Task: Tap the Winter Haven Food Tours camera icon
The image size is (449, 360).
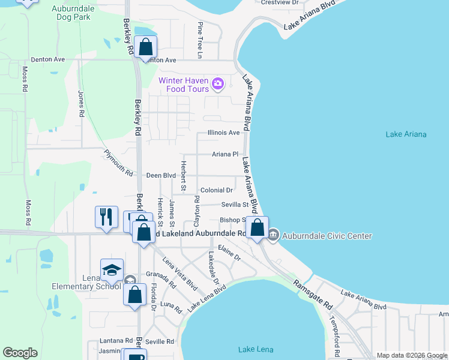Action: pyautogui.click(x=218, y=84)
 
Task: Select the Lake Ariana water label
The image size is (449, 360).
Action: pyautogui.click(x=406, y=134)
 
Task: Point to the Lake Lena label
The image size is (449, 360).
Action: pyautogui.click(x=256, y=350)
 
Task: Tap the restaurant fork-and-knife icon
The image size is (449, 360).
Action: pyautogui.click(x=107, y=216)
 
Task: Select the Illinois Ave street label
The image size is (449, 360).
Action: pyautogui.click(x=223, y=133)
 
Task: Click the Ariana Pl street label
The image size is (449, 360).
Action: pyautogui.click(x=225, y=154)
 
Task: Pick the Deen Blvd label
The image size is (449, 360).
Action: pyautogui.click(x=161, y=175)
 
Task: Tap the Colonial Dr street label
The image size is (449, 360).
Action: pyautogui.click(x=217, y=190)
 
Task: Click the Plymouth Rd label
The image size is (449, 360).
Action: pyautogui.click(x=118, y=163)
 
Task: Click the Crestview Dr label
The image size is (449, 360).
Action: pyautogui.click(x=280, y=2)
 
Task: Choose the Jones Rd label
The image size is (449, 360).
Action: pyautogui.click(x=81, y=103)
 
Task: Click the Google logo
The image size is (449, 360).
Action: pyautogui.click(x=20, y=353)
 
